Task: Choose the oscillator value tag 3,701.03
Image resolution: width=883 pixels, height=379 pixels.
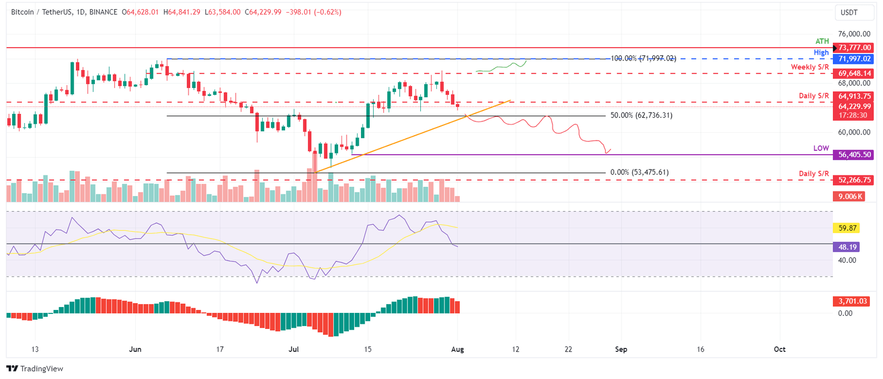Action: pos(848,301)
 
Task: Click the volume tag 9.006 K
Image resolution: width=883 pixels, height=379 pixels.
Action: pos(848,196)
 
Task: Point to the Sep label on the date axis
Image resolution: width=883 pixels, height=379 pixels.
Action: pos(620,349)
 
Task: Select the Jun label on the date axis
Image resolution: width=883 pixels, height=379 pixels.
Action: pos(136,349)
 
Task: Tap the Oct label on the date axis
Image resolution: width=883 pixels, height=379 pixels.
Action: pos(779,349)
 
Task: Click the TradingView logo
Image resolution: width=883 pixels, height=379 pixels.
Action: pos(34,369)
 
